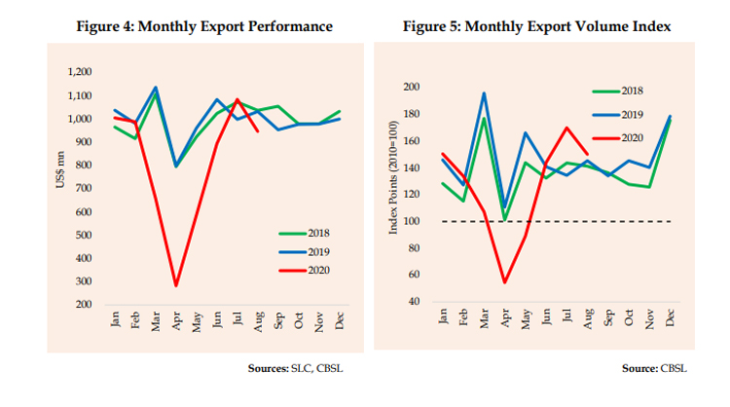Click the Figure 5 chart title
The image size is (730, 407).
[537, 26]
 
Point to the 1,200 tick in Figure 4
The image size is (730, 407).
[78, 72]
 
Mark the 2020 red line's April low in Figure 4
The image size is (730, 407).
[176, 285]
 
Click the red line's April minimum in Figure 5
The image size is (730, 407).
[504, 282]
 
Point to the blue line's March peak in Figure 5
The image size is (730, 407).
[484, 93]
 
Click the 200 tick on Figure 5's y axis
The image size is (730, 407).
[425, 88]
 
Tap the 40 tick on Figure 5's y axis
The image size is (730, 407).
[428, 301]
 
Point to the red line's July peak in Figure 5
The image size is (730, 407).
[566, 128]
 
